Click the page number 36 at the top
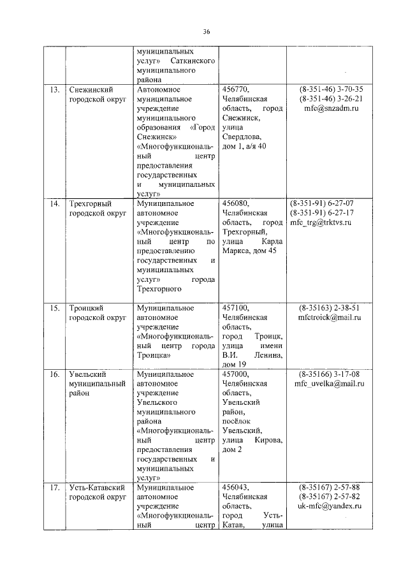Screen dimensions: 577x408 pos(206,31)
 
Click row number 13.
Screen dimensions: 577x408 pos(55,89)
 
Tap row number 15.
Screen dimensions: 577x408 pos(55,307)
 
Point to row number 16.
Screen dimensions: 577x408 pos(55,374)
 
